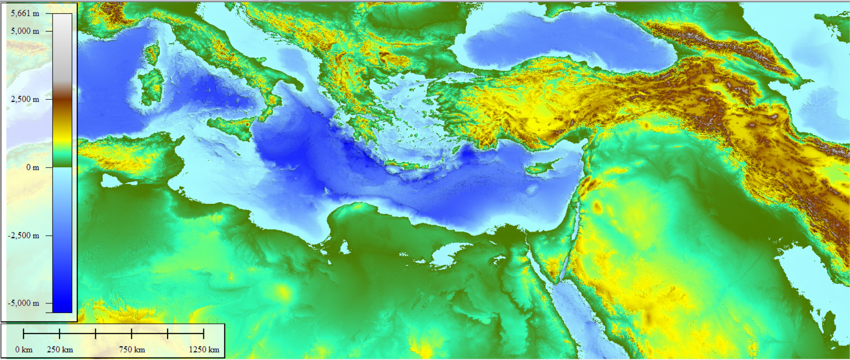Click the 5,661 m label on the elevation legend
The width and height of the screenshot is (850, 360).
25,13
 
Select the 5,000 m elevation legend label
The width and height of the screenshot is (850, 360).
25,31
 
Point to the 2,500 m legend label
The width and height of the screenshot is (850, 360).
25,99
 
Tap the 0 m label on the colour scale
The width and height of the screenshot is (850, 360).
32,167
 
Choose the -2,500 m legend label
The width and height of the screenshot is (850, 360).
24,235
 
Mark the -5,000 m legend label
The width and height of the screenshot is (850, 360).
24,303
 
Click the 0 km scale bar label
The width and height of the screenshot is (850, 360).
24,349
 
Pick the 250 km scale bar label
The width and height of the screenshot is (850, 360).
60,349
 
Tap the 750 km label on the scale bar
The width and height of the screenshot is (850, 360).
132,349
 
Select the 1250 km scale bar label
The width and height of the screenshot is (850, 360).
204,349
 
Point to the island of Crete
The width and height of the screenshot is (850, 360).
406,167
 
